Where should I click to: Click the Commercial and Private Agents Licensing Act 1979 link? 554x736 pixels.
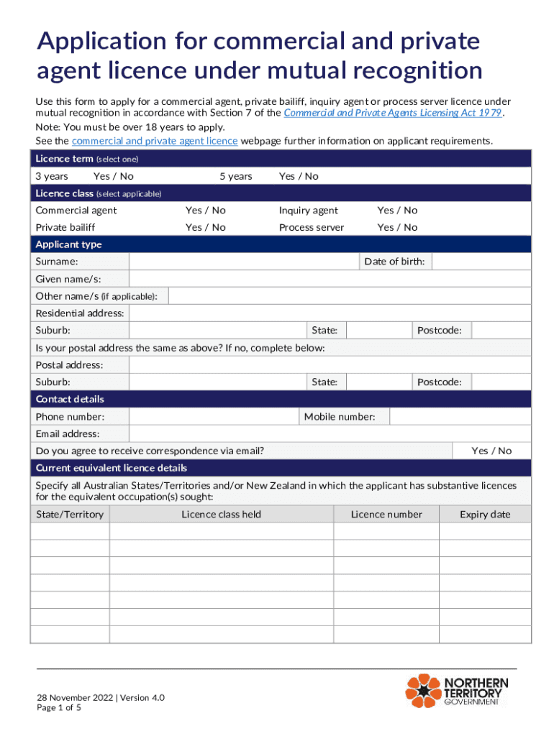click(393, 113)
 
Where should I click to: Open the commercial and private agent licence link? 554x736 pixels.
click(155, 141)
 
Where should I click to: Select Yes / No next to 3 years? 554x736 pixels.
click(113, 176)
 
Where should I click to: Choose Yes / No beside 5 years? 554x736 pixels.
click(298, 176)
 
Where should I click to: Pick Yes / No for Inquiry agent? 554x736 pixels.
click(397, 211)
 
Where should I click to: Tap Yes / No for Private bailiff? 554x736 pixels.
click(205, 227)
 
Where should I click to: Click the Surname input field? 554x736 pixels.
click(243, 262)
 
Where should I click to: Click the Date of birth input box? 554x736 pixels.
click(481, 262)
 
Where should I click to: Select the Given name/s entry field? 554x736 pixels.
click(330, 279)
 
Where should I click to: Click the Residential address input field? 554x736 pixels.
click(330, 313)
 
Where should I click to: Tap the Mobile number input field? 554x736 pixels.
click(460, 417)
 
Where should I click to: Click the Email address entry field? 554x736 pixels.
click(330, 434)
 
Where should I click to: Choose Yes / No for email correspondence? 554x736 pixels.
click(491, 451)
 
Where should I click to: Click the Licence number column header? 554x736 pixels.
click(386, 514)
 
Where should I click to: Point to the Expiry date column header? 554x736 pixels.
click(485, 514)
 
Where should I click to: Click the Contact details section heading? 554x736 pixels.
click(70, 399)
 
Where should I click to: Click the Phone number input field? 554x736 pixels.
click(214, 417)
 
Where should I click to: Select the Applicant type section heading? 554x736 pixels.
click(69, 244)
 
